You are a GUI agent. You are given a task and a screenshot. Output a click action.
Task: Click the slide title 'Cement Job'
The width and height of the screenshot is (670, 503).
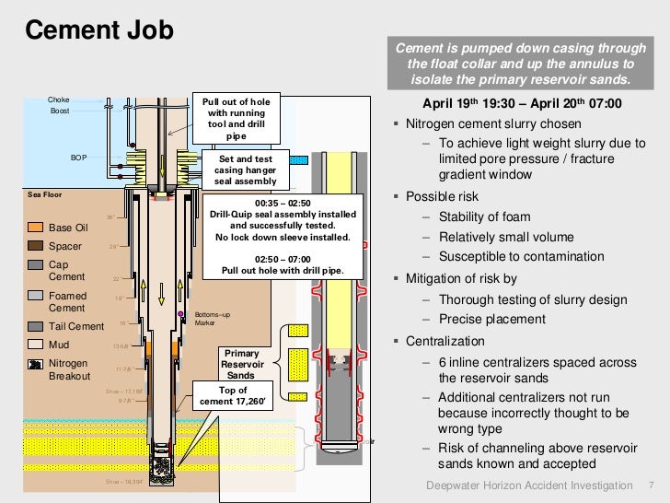98,30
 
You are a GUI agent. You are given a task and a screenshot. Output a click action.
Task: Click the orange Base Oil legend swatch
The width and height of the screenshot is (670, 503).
35,228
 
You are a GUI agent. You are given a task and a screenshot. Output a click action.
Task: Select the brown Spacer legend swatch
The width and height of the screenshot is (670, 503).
35,246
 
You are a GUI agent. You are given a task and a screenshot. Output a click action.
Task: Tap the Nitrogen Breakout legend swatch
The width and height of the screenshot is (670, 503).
35,364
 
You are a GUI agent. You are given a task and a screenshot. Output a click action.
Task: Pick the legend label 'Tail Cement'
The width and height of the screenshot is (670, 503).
75,326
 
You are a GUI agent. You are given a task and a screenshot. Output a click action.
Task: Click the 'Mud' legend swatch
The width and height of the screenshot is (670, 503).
35,345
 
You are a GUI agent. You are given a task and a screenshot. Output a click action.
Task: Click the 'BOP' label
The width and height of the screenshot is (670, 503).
79,158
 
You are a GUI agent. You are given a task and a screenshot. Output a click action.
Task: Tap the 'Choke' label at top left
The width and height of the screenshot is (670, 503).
59,99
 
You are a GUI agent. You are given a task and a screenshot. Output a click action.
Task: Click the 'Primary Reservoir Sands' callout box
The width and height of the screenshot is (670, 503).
241,364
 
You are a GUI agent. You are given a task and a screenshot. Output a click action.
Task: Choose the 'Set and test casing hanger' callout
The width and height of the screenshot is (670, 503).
245,170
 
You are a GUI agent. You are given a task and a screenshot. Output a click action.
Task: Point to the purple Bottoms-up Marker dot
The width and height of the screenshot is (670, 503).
181,314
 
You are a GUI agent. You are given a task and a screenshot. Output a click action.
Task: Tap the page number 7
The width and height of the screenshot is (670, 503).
653,485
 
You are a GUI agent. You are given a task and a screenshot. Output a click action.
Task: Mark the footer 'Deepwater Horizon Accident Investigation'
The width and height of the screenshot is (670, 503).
530,485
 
